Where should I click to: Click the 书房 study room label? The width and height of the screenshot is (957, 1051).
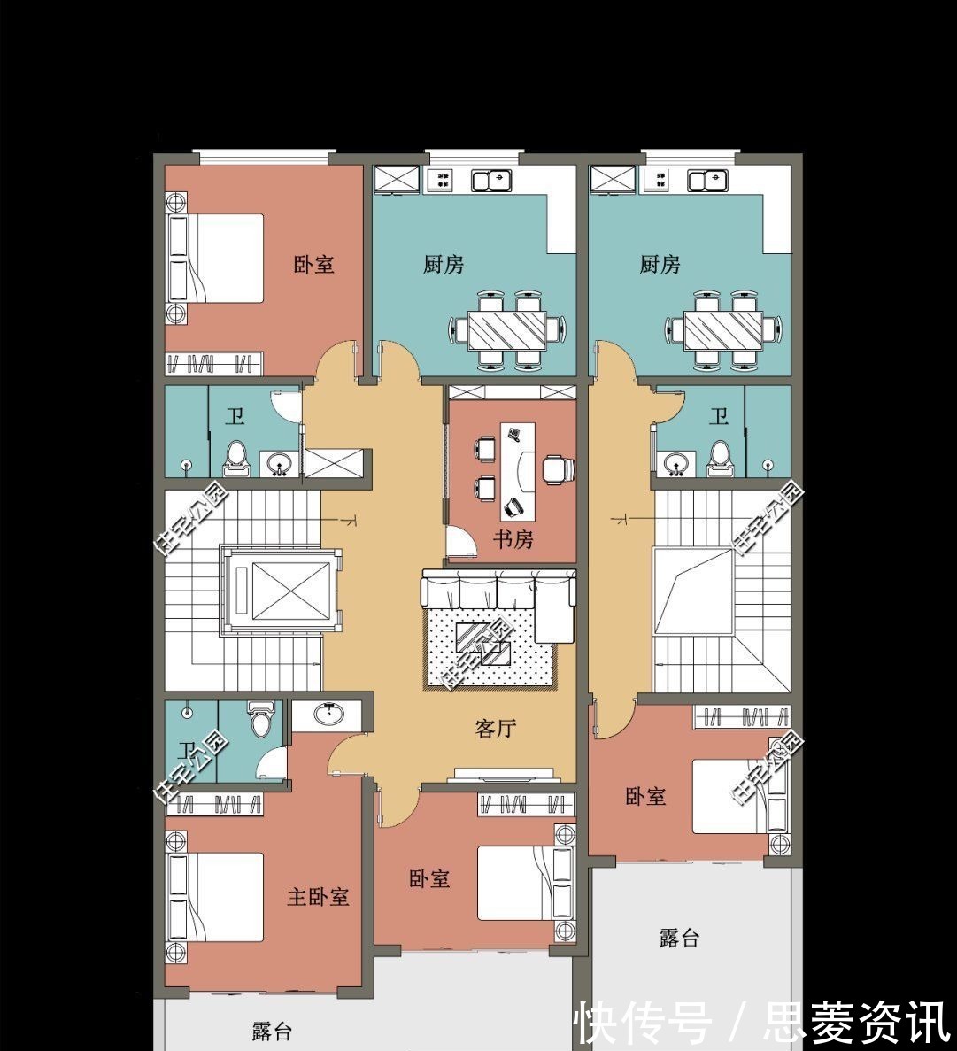point(513,539)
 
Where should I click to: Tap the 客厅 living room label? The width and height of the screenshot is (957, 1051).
point(496,729)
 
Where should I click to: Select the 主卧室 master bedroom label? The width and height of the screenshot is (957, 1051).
point(318,897)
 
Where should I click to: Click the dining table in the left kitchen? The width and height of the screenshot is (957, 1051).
point(507,330)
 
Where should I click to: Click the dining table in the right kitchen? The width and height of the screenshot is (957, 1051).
point(723,330)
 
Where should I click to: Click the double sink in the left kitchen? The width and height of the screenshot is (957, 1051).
point(492,181)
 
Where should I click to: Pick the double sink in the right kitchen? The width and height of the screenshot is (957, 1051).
point(708,181)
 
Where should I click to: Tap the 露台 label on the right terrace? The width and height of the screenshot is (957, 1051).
point(679,939)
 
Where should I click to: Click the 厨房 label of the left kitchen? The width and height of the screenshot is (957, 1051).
point(444,264)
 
